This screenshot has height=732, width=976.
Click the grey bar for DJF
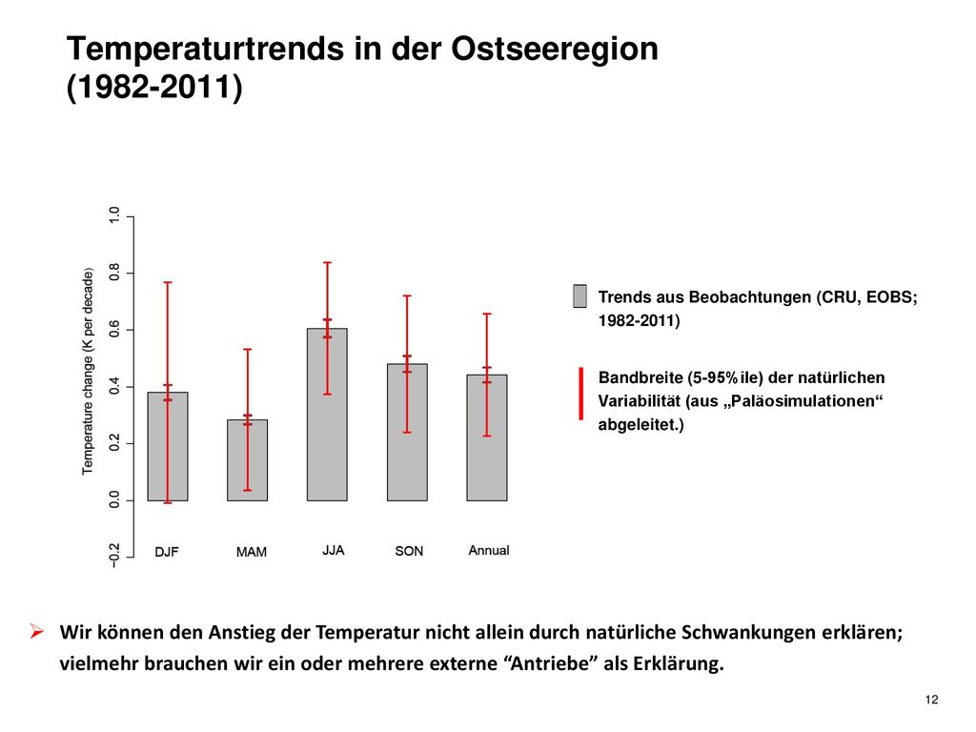(168, 446)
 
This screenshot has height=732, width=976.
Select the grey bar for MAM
(247, 460)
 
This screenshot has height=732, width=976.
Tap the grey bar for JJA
(327, 415)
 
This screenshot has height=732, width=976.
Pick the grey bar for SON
(407, 432)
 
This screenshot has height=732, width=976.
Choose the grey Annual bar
(487, 437)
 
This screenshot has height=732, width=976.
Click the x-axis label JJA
(333, 550)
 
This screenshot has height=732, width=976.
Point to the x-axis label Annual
(489, 550)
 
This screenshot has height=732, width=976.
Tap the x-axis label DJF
(167, 552)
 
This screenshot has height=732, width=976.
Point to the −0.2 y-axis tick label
(114, 556)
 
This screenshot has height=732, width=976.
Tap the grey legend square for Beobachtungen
(579, 296)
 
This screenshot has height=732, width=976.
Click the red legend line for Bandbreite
(580, 394)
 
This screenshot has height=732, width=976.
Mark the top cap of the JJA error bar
(328, 263)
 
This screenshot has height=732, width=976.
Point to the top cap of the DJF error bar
(168, 282)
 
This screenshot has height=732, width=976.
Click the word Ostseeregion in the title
(555, 49)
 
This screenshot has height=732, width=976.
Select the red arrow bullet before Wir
(37, 632)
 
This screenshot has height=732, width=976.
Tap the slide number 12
(932, 700)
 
